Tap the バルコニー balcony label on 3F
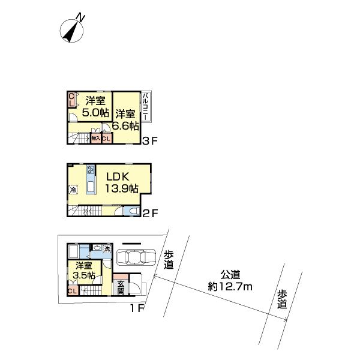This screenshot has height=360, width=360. coord(146,107)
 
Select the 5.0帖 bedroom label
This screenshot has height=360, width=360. coord(95,106)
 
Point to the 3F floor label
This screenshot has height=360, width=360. coord(149,142)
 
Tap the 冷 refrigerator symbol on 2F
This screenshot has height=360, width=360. coord(73,190)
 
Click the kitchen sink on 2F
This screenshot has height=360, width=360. coord(91,188)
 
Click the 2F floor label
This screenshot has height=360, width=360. coord(149,212)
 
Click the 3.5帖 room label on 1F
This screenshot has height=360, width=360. coord(83,271)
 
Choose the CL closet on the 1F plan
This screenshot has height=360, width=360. coord(72,292)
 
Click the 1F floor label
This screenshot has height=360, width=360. coord(137,309)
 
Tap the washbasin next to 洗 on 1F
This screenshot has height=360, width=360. coord(97,248)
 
